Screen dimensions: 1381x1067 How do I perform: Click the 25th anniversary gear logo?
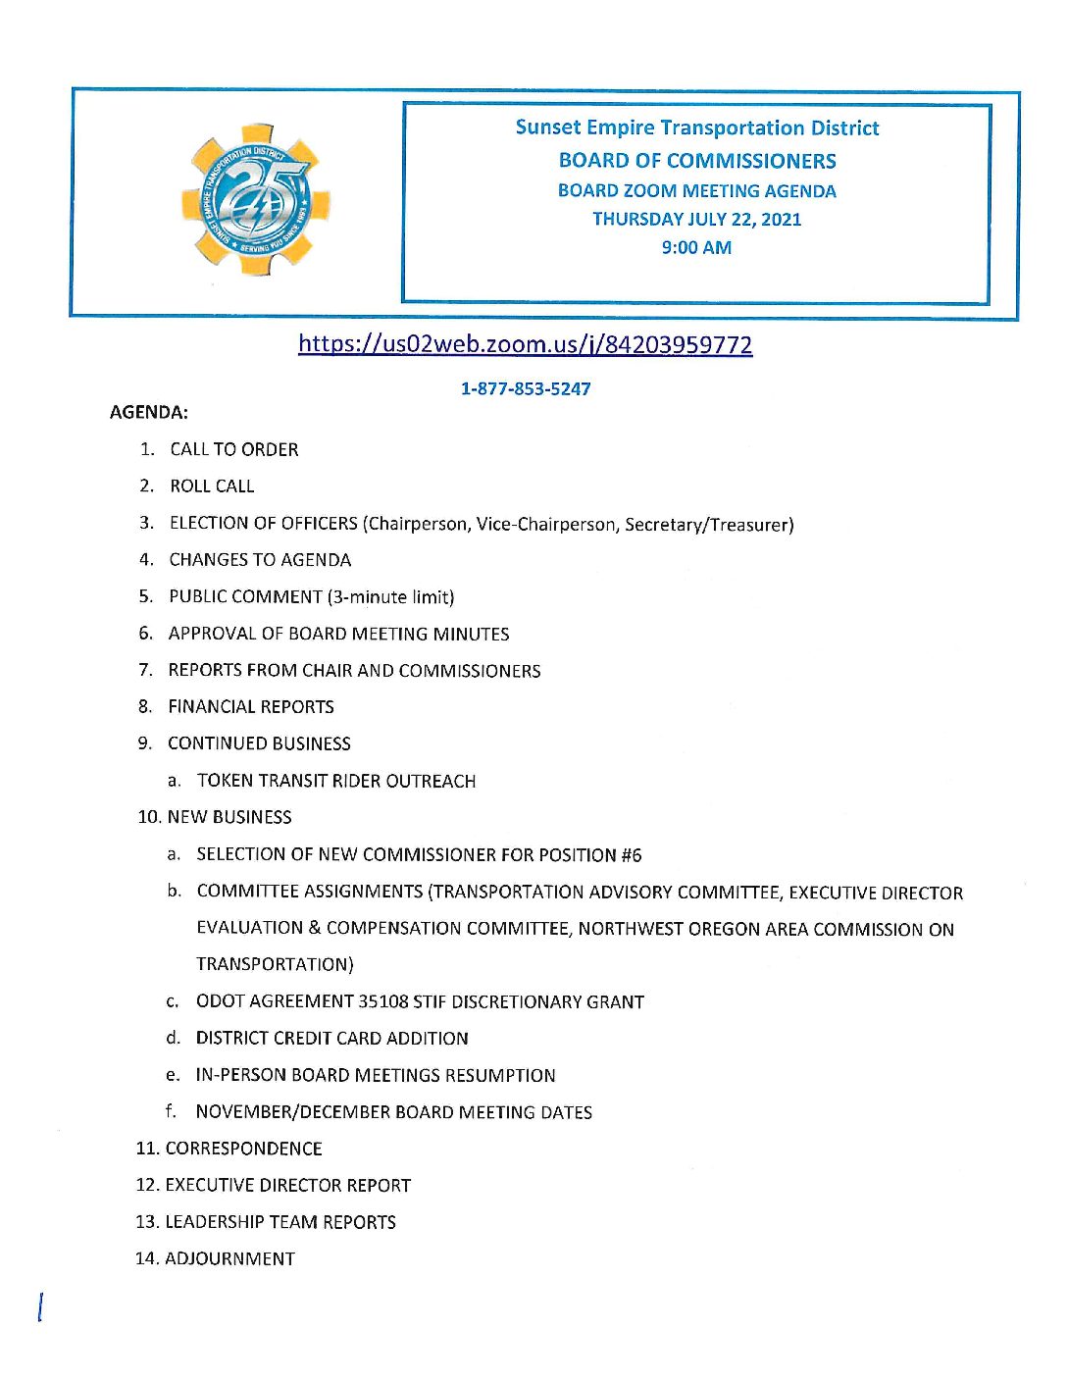click(x=256, y=200)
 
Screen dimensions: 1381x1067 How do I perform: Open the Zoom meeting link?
click(x=525, y=344)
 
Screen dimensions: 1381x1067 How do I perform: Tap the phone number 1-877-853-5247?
click(x=526, y=388)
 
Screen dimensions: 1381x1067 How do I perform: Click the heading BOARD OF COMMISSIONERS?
click(x=697, y=161)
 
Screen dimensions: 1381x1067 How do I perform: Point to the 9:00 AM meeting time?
click(x=696, y=247)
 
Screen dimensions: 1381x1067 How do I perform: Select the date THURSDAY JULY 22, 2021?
click(x=696, y=219)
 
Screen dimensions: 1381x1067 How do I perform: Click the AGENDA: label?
click(x=149, y=412)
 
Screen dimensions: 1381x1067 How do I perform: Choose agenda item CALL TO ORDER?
click(x=234, y=449)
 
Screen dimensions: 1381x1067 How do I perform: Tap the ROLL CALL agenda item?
click(x=212, y=486)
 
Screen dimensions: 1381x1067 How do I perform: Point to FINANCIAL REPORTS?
click(x=251, y=706)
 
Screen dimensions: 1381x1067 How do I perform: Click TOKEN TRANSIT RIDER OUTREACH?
click(x=336, y=781)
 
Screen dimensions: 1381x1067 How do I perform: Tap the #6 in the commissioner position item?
click(x=631, y=855)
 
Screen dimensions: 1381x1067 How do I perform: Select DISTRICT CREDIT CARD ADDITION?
click(x=331, y=1038)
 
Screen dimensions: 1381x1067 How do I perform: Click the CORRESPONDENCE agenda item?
click(x=243, y=1149)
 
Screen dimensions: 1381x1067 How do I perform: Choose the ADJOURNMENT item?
click(x=229, y=1258)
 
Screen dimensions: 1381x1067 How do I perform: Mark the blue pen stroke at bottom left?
click(x=39, y=1307)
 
